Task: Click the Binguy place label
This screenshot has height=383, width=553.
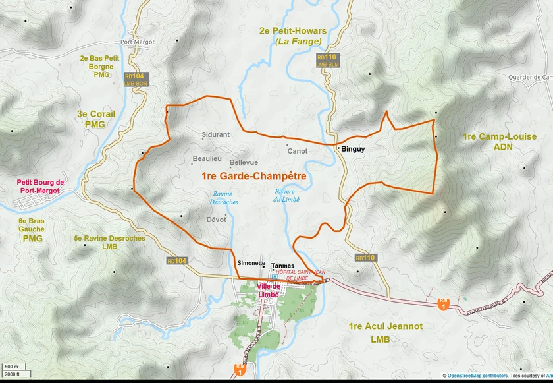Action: [353, 149]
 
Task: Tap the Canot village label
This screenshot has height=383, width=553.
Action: [298, 151]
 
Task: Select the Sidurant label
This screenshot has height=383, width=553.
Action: [216, 134]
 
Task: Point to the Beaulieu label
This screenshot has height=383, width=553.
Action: [207, 159]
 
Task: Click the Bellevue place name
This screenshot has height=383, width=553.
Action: [244, 162]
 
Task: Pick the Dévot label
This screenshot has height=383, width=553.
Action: [216, 220]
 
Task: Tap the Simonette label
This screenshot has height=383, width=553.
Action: [251, 263]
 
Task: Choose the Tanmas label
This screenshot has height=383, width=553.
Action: [282, 266]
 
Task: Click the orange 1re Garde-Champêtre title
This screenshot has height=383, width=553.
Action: [253, 177]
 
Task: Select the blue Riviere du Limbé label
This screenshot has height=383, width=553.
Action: [286, 195]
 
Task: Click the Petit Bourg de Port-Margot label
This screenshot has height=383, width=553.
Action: [40, 187]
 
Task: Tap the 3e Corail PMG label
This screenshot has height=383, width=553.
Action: [95, 119]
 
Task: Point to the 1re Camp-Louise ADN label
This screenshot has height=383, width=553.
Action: [488, 142]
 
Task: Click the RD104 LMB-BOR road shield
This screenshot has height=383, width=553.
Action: [136, 80]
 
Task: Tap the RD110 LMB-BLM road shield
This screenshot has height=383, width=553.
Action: [327, 61]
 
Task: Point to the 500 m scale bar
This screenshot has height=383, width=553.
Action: [12, 367]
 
